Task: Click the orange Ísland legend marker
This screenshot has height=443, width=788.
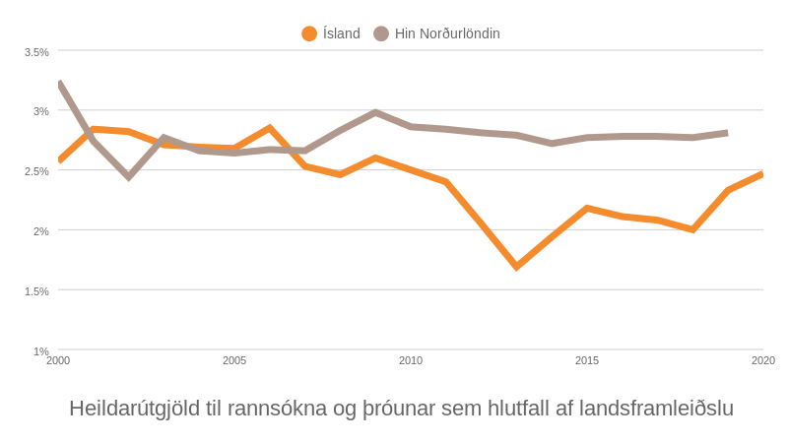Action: [309, 33]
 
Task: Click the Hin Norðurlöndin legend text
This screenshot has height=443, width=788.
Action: [447, 33]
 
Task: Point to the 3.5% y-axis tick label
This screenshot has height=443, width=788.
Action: [36, 52]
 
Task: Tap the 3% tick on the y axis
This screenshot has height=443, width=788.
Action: [40, 111]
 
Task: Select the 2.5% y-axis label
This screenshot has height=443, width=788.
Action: [36, 171]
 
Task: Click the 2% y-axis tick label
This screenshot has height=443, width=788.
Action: [40, 231]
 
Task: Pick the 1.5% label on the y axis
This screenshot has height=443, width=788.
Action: [36, 291]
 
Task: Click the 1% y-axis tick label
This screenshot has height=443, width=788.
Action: [40, 351]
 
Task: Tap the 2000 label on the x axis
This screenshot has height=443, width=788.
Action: [58, 360]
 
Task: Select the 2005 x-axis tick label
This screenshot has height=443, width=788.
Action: [234, 360]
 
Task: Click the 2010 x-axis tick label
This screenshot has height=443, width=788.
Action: [411, 360]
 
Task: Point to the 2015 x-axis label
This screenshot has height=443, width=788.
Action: [587, 360]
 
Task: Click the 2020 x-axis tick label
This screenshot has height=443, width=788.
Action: [763, 360]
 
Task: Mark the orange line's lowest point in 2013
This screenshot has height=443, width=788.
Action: [516, 267]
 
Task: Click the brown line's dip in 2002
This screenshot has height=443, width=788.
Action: [129, 176]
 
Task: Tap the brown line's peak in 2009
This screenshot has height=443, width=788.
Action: [375, 112]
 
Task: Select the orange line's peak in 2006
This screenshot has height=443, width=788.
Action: [270, 128]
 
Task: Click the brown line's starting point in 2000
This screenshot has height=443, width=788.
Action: [59, 85]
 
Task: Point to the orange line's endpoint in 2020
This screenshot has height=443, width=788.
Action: [762, 174]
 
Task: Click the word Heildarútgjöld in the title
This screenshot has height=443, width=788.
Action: [134, 408]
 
